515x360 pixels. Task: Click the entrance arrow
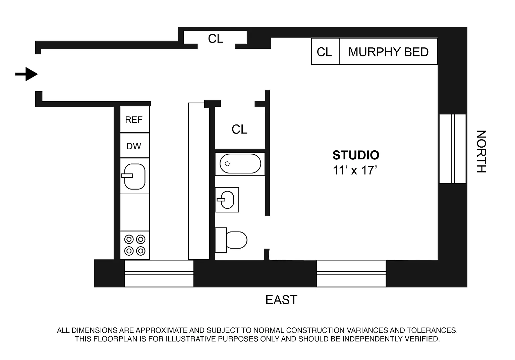tap(26, 74)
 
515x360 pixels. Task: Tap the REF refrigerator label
tap(134, 120)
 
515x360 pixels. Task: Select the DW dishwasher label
tap(134, 146)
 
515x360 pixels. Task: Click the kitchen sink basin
tap(134, 176)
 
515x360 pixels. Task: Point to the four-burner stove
tap(135, 245)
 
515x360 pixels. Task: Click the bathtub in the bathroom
tap(240, 163)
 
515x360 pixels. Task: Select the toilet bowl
tap(237, 240)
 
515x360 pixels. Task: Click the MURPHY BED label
tap(388, 52)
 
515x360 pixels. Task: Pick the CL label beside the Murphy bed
tap(324, 52)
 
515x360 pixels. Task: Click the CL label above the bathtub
tap(239, 129)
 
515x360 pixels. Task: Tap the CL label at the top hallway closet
tap(216, 39)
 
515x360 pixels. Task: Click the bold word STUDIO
tap(356, 155)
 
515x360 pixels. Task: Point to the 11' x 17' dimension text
tap(355, 170)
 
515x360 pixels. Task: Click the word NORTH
tap(481, 152)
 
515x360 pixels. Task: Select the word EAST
tap(281, 300)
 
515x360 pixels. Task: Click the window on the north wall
tap(452, 149)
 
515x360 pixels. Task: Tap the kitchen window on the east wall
tap(159, 273)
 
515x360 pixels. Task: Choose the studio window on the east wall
tap(351, 273)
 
